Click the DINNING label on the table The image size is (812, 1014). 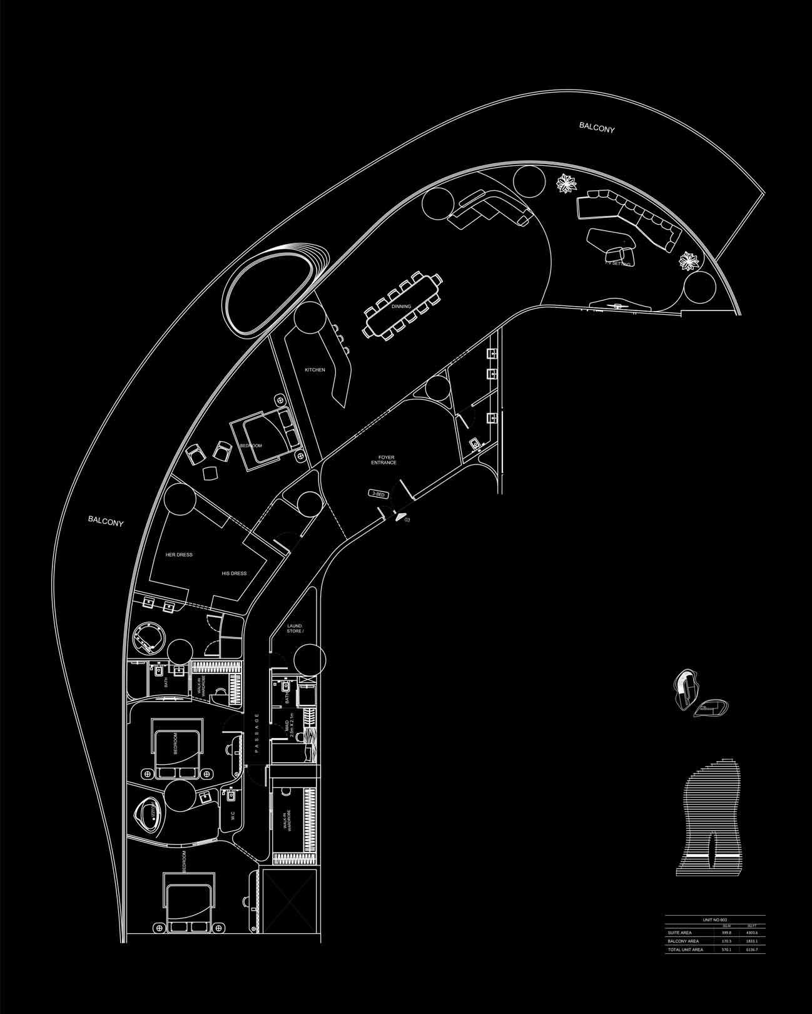[401, 307]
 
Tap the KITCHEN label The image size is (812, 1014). [315, 370]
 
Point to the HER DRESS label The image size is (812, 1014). [179, 555]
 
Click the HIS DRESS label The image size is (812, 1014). [234, 573]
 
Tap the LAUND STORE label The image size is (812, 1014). [295, 628]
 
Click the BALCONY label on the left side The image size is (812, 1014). [106, 520]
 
